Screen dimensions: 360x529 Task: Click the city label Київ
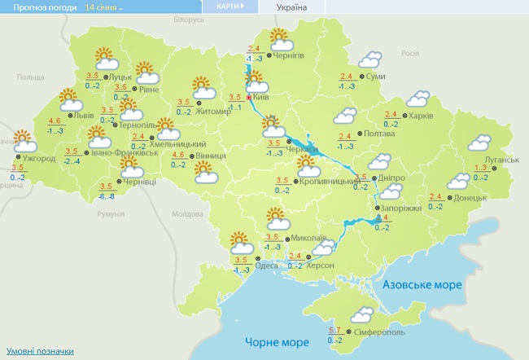click(261, 96)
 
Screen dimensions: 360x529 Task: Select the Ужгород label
click(39, 159)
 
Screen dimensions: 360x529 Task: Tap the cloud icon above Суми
click(372, 59)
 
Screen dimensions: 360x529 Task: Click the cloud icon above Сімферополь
click(360, 314)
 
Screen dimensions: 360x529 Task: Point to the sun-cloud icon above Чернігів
click(279, 38)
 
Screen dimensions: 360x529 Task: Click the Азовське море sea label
click(423, 285)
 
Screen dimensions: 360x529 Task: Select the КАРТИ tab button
click(235, 6)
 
